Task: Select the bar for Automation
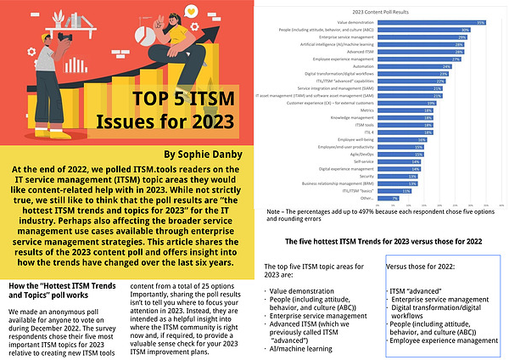point(395,66)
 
